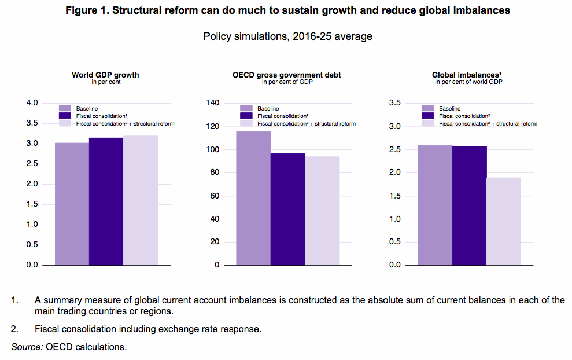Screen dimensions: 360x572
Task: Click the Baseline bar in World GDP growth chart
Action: [72, 204]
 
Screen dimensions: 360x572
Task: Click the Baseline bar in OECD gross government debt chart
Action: [253, 198]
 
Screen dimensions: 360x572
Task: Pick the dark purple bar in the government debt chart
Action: [288, 209]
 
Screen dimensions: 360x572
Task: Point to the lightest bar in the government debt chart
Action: [322, 211]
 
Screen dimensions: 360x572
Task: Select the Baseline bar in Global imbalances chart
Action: [435, 205]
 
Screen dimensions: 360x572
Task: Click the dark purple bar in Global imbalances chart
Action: [469, 205]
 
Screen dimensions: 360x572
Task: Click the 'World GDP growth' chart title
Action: [105, 75]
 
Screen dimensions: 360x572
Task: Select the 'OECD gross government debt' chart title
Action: [286, 75]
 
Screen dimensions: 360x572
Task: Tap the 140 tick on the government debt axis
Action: [213, 103]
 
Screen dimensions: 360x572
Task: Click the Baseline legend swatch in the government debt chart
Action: [246, 108]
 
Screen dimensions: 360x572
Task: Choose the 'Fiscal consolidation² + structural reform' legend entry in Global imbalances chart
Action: [488, 123]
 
